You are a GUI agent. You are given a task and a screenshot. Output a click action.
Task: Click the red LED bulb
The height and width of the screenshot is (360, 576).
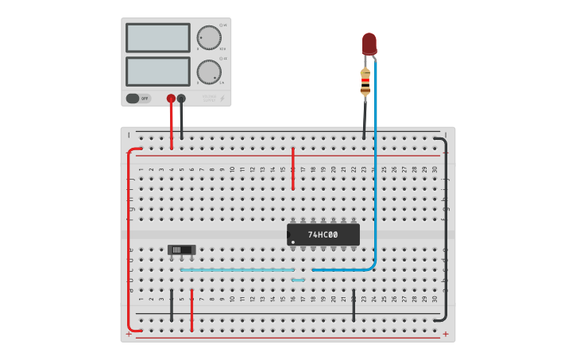pos(369,43)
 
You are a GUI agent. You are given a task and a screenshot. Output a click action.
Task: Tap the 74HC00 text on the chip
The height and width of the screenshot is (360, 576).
pos(323,234)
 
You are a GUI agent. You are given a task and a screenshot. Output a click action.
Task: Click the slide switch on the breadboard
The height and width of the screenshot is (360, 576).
pos(181,250)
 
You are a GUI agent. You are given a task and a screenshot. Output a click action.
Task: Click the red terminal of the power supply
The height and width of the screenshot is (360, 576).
pos(171,99)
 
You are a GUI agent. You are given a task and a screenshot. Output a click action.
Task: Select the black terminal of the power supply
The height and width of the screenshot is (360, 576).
pos(181,99)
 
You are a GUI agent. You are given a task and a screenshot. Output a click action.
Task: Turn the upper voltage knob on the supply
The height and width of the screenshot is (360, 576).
pos(209,37)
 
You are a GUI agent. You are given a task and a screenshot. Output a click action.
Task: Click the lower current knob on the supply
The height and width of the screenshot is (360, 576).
pos(209,72)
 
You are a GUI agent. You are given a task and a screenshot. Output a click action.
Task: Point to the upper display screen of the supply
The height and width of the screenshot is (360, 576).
pos(157,37)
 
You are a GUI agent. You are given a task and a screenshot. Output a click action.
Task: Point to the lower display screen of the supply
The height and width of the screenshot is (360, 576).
pos(157,71)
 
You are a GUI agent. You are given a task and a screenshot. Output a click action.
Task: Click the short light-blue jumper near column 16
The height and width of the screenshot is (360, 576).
pos(298,280)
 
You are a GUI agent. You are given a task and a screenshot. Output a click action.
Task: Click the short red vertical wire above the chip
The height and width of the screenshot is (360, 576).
pos(292,168)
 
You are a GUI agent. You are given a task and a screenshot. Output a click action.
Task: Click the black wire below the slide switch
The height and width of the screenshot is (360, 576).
pos(172,305)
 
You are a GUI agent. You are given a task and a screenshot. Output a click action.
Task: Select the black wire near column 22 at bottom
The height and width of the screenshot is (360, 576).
pos(354,305)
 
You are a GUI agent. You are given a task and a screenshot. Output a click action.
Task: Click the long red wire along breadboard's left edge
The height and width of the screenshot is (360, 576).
pos(129,238)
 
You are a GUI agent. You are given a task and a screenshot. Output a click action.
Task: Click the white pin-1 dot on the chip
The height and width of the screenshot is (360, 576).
pos(293,242)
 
